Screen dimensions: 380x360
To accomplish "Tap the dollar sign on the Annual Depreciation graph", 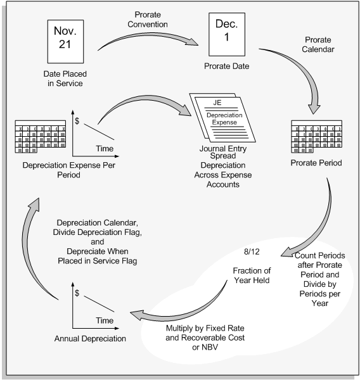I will point(77,294).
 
